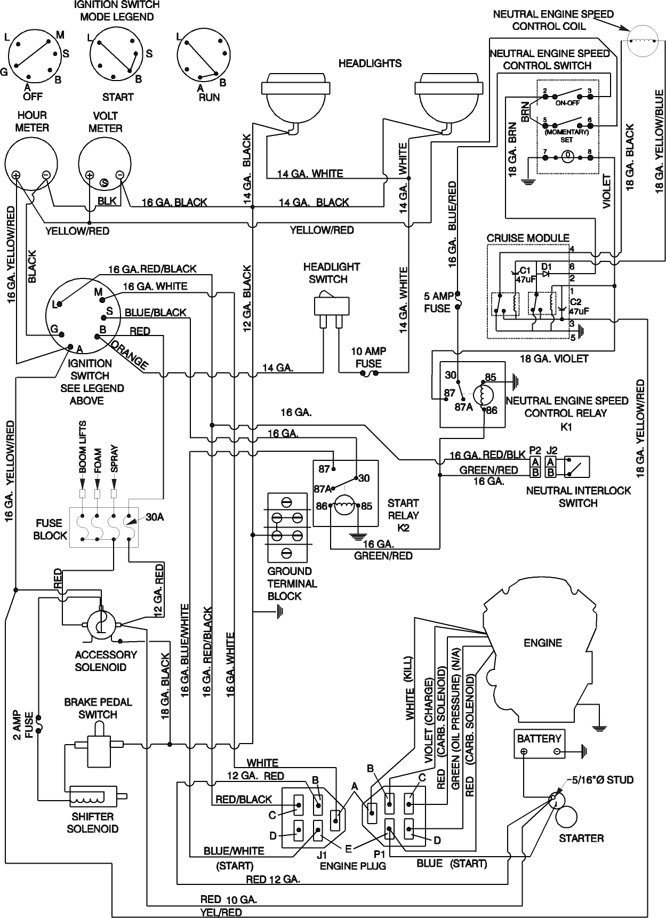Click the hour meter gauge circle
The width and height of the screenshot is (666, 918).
31,162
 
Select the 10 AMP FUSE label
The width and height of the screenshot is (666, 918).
368,357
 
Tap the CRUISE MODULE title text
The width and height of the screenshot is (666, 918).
528,238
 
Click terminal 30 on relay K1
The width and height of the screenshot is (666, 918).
451,375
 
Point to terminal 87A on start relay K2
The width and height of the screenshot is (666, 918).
322,489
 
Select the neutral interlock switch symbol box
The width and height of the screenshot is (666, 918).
576,467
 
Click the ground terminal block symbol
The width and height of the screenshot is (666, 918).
287,526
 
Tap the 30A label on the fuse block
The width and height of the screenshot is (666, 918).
155,517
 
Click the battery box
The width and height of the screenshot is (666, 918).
539,745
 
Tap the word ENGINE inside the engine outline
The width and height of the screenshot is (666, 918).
543,643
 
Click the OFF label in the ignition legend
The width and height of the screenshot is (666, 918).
33,97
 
